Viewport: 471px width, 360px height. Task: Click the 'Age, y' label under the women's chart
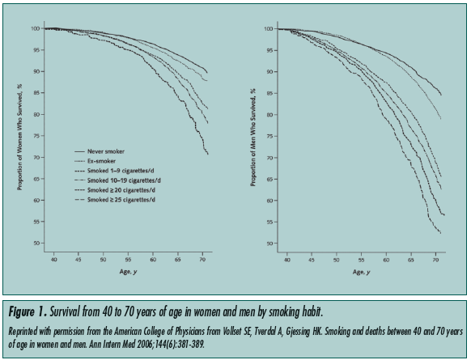click(x=120, y=272)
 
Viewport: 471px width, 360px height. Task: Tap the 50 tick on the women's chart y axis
click(x=33, y=243)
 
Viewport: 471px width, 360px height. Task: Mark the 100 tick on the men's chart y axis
click(x=269, y=29)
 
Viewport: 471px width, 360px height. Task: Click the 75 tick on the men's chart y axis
click(x=270, y=136)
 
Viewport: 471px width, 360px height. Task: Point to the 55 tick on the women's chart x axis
click(x=128, y=259)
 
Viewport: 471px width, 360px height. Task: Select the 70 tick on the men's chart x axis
click(x=438, y=259)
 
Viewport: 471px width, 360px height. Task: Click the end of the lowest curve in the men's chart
click(x=440, y=233)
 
